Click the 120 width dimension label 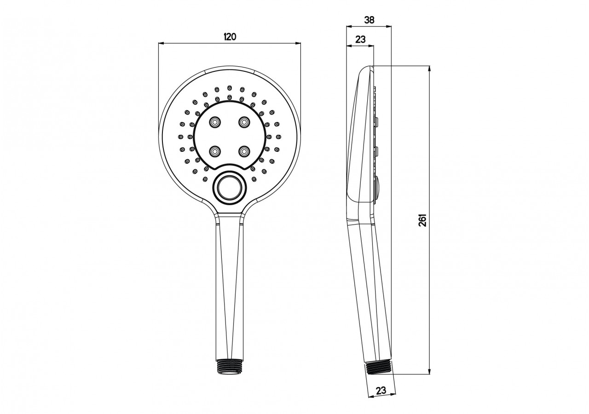click(x=229, y=37)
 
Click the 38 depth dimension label click(x=369, y=20)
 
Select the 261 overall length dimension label click(x=424, y=220)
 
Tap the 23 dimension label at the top click(x=360, y=40)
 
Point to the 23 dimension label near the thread click(x=381, y=391)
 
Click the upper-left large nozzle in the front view click(x=214, y=122)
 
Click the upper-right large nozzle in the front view click(x=243, y=122)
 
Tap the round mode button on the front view click(x=228, y=187)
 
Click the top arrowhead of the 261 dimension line click(x=430, y=69)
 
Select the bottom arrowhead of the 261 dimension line click(x=430, y=372)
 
